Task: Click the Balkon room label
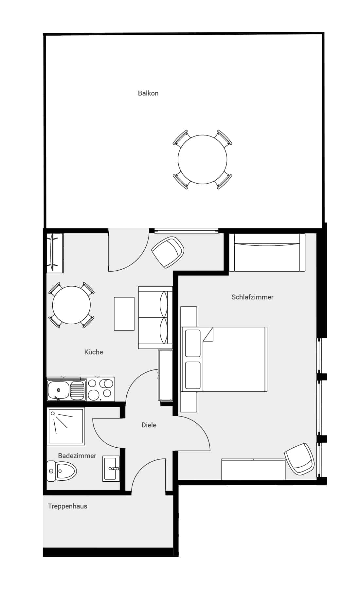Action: (x=148, y=93)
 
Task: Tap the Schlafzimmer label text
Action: (x=252, y=297)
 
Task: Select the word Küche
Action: (x=94, y=352)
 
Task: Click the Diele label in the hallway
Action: (x=149, y=425)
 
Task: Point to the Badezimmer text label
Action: (x=77, y=456)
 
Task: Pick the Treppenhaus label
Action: (x=67, y=506)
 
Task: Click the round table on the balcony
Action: (x=202, y=159)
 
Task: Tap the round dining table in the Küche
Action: (x=71, y=305)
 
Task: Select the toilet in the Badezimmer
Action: (x=63, y=471)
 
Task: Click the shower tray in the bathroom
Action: (x=66, y=426)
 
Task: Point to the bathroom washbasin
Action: (x=111, y=469)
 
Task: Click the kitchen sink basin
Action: (x=59, y=390)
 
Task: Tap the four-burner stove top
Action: (x=100, y=389)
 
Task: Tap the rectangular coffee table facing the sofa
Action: (x=124, y=314)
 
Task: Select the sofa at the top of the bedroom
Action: (x=267, y=253)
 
